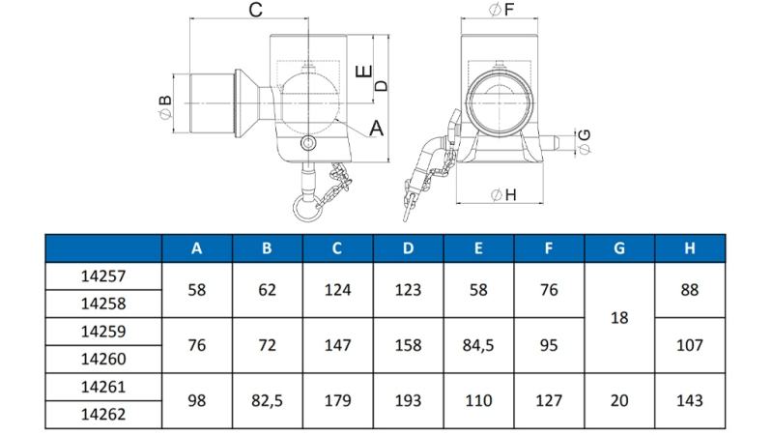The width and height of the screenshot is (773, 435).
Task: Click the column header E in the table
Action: pyautogui.click(x=478, y=248)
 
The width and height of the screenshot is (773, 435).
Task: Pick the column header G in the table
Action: pyautogui.click(x=619, y=248)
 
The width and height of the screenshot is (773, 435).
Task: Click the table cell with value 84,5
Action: pyautogui.click(x=478, y=343)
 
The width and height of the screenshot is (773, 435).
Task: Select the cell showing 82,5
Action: pyautogui.click(x=267, y=399)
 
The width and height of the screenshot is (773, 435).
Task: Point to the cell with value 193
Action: pyautogui.click(x=408, y=399)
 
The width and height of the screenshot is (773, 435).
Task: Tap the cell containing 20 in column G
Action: pyautogui.click(x=619, y=399)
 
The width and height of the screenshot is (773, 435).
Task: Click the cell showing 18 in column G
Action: pyautogui.click(x=619, y=316)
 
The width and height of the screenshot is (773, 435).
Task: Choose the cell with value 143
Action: pyautogui.click(x=690, y=399)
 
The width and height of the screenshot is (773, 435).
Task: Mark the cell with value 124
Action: pyautogui.click(x=337, y=289)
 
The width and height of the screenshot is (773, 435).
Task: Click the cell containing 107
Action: pyautogui.click(x=690, y=343)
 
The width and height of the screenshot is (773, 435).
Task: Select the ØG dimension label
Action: pyautogui.click(x=584, y=141)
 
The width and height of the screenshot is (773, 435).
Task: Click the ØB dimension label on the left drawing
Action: pyautogui.click(x=165, y=103)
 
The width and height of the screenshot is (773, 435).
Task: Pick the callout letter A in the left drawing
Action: pyautogui.click(x=377, y=128)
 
